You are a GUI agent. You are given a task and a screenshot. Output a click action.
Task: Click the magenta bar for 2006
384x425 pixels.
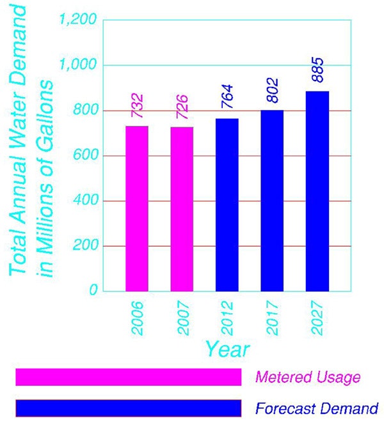(x=136, y=208)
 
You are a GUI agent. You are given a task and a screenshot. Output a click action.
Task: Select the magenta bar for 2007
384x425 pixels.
(x=182, y=209)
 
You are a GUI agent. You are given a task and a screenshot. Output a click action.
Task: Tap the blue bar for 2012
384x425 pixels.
(x=227, y=205)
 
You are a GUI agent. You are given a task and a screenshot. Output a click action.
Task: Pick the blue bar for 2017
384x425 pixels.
(x=272, y=201)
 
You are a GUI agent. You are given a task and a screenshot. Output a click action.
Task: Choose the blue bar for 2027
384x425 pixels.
(x=317, y=191)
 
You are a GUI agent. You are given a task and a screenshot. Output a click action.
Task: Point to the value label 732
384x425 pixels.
(x=138, y=105)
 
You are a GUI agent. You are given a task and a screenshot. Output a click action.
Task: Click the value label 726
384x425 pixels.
(x=182, y=106)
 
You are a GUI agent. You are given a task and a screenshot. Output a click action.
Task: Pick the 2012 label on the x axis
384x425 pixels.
(x=227, y=318)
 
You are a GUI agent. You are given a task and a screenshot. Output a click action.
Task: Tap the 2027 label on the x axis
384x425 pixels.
(x=317, y=318)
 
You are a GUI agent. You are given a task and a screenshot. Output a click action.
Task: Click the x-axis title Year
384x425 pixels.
(x=227, y=349)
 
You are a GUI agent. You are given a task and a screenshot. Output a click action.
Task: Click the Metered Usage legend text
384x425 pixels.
(x=307, y=377)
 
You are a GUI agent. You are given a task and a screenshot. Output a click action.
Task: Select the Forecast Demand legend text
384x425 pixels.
(x=316, y=408)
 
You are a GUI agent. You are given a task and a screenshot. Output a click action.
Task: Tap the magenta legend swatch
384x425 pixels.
(x=128, y=377)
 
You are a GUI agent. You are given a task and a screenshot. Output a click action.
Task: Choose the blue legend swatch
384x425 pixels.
(x=128, y=408)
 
